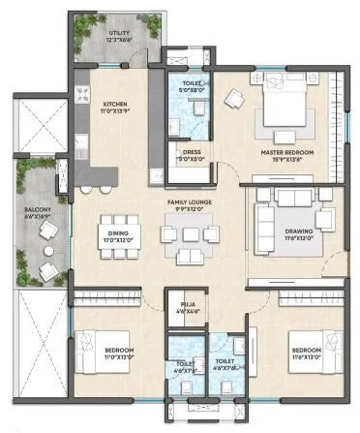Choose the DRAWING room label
(298, 232)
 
